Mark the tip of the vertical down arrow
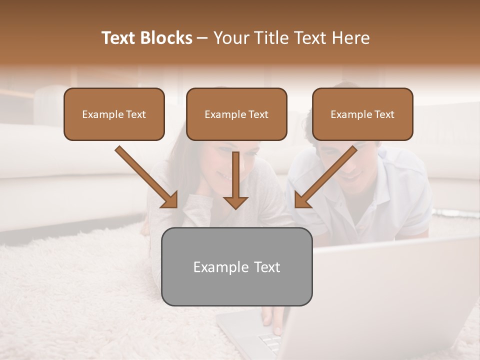[235, 207]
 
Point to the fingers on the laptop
[275, 320]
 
